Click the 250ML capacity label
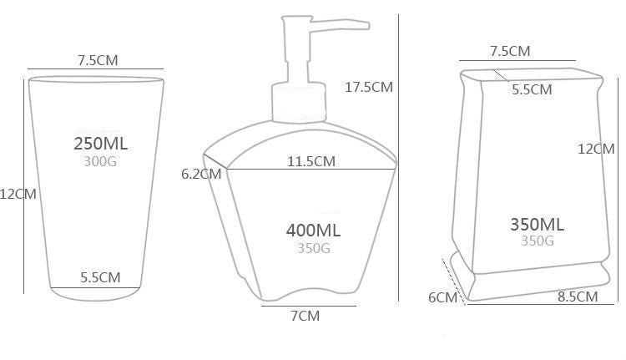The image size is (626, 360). tap(101, 144)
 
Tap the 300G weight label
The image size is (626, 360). tap(100, 161)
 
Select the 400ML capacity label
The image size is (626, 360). tap(313, 231)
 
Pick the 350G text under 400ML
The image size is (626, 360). tap(314, 249)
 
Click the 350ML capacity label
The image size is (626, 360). tap(538, 225)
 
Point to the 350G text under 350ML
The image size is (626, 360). tap(538, 241)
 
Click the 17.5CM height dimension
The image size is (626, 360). tap(369, 87)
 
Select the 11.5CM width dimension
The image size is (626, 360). tap(311, 161)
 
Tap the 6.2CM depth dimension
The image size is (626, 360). tap(201, 175)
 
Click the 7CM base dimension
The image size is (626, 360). tap(305, 316)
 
